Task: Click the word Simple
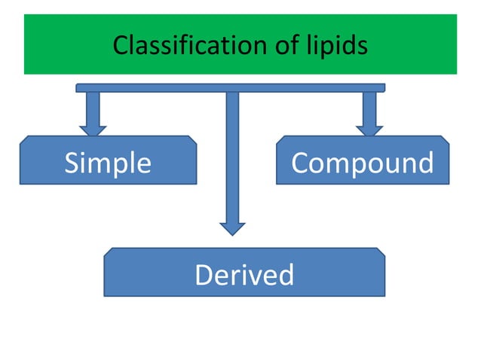click(x=108, y=163)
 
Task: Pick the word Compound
click(x=363, y=163)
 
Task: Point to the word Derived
click(x=244, y=275)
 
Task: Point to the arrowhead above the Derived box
click(x=232, y=227)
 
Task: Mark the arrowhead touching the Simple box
click(x=93, y=129)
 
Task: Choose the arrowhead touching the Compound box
click(x=369, y=129)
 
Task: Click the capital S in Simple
click(x=72, y=163)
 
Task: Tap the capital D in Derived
click(x=204, y=275)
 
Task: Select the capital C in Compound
click(x=300, y=163)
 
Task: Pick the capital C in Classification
click(x=120, y=46)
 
